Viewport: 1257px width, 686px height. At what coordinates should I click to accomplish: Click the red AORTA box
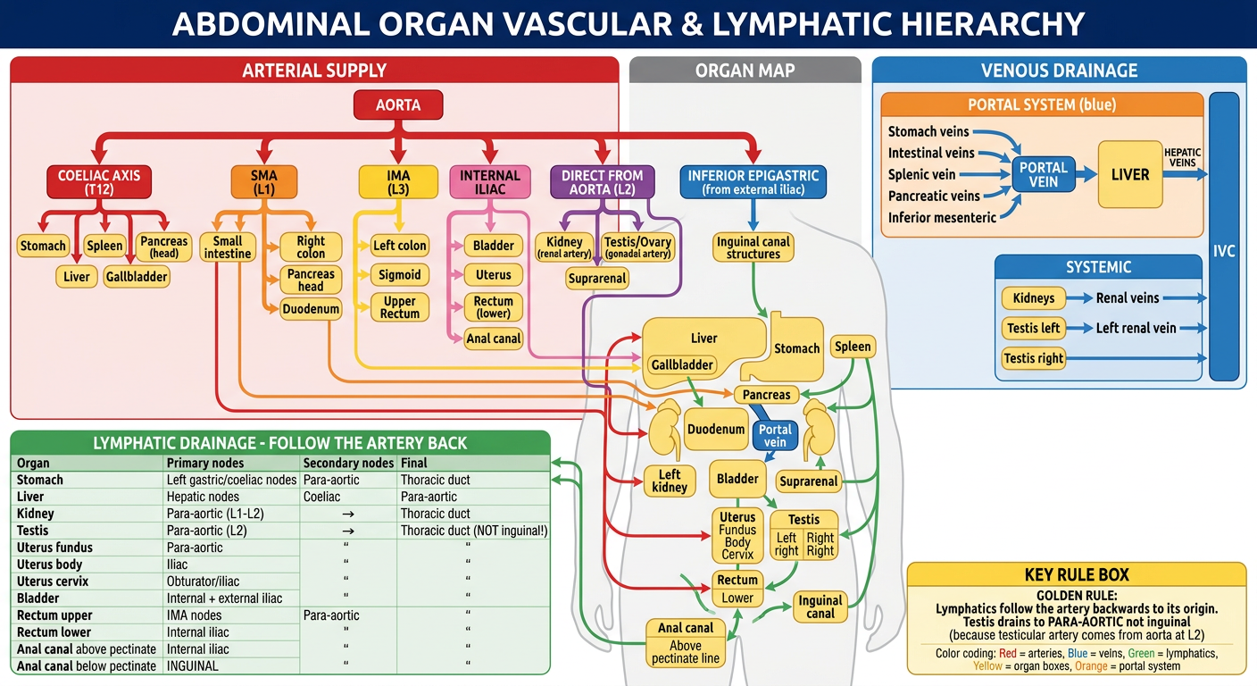398,105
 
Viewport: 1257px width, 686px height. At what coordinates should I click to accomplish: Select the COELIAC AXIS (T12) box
99,182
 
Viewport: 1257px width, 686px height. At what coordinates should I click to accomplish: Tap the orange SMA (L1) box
263,182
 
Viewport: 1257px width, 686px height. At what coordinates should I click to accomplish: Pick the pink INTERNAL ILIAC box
490,182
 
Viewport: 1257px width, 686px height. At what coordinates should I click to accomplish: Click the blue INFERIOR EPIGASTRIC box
753,182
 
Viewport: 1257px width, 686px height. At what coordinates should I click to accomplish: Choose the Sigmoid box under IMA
400,274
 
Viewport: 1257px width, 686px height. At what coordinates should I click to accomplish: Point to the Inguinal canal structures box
753,247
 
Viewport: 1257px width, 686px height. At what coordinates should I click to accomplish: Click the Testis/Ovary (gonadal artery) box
637,247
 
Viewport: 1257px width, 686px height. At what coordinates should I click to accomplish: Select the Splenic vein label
921,174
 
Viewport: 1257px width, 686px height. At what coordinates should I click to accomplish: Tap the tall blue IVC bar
1224,237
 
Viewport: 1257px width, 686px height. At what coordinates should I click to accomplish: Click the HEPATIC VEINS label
1182,158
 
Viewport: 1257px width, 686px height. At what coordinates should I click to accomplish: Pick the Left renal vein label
1136,329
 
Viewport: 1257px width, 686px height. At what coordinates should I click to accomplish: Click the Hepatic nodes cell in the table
203,497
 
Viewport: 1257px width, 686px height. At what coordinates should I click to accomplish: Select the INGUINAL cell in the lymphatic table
193,666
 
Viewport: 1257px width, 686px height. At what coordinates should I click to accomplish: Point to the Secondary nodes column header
348,463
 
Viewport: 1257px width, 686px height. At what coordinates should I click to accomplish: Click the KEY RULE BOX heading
1077,575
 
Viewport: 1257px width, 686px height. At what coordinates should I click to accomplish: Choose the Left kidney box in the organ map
670,481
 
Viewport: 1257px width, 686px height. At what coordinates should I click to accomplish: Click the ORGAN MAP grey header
745,71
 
